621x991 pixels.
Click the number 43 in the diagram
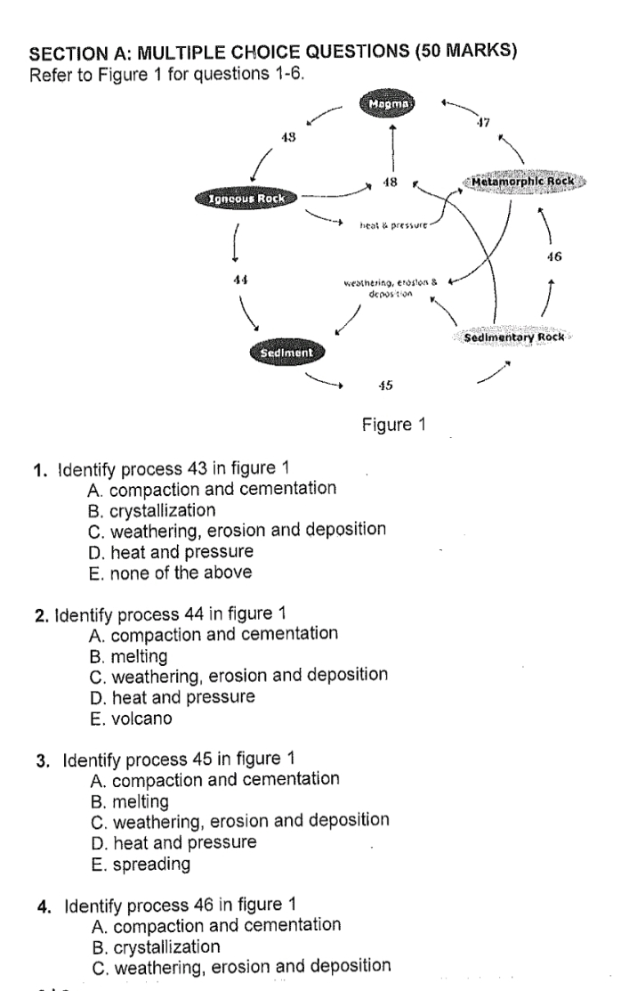(288, 138)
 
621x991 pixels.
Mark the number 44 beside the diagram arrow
(238, 279)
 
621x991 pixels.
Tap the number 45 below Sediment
(385, 385)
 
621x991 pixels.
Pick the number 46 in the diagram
(553, 257)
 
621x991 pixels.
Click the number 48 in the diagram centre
(389, 183)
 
